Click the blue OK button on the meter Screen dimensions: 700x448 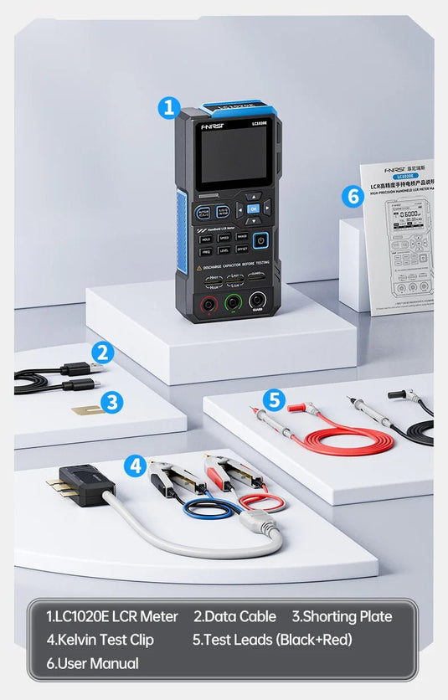tap(254, 208)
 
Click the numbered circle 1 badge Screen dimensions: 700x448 tap(169, 107)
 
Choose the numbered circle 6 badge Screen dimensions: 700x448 tap(353, 196)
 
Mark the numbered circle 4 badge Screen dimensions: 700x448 tap(135, 466)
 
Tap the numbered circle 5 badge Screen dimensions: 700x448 tap(276, 399)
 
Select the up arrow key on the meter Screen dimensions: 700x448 tap(254, 198)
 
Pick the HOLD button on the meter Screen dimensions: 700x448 tap(206, 238)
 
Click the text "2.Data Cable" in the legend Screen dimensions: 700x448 tap(234, 617)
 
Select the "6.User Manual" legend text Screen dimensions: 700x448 tap(92, 663)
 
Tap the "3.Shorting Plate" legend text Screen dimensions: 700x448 tap(342, 617)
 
